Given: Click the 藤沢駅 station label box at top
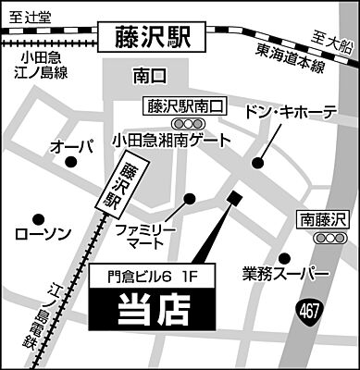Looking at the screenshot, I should coord(153,37).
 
